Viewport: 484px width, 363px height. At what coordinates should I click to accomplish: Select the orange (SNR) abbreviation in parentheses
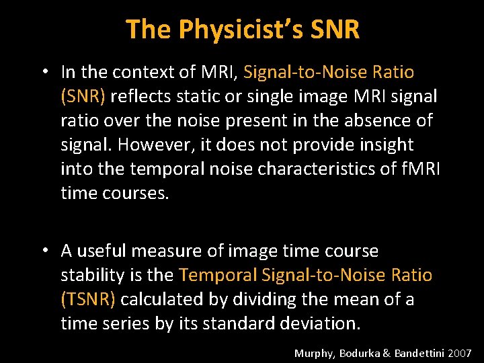click(x=83, y=96)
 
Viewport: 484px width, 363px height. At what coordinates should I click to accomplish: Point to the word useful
click(x=103, y=251)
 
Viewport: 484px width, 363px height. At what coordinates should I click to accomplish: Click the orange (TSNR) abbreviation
click(x=88, y=300)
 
